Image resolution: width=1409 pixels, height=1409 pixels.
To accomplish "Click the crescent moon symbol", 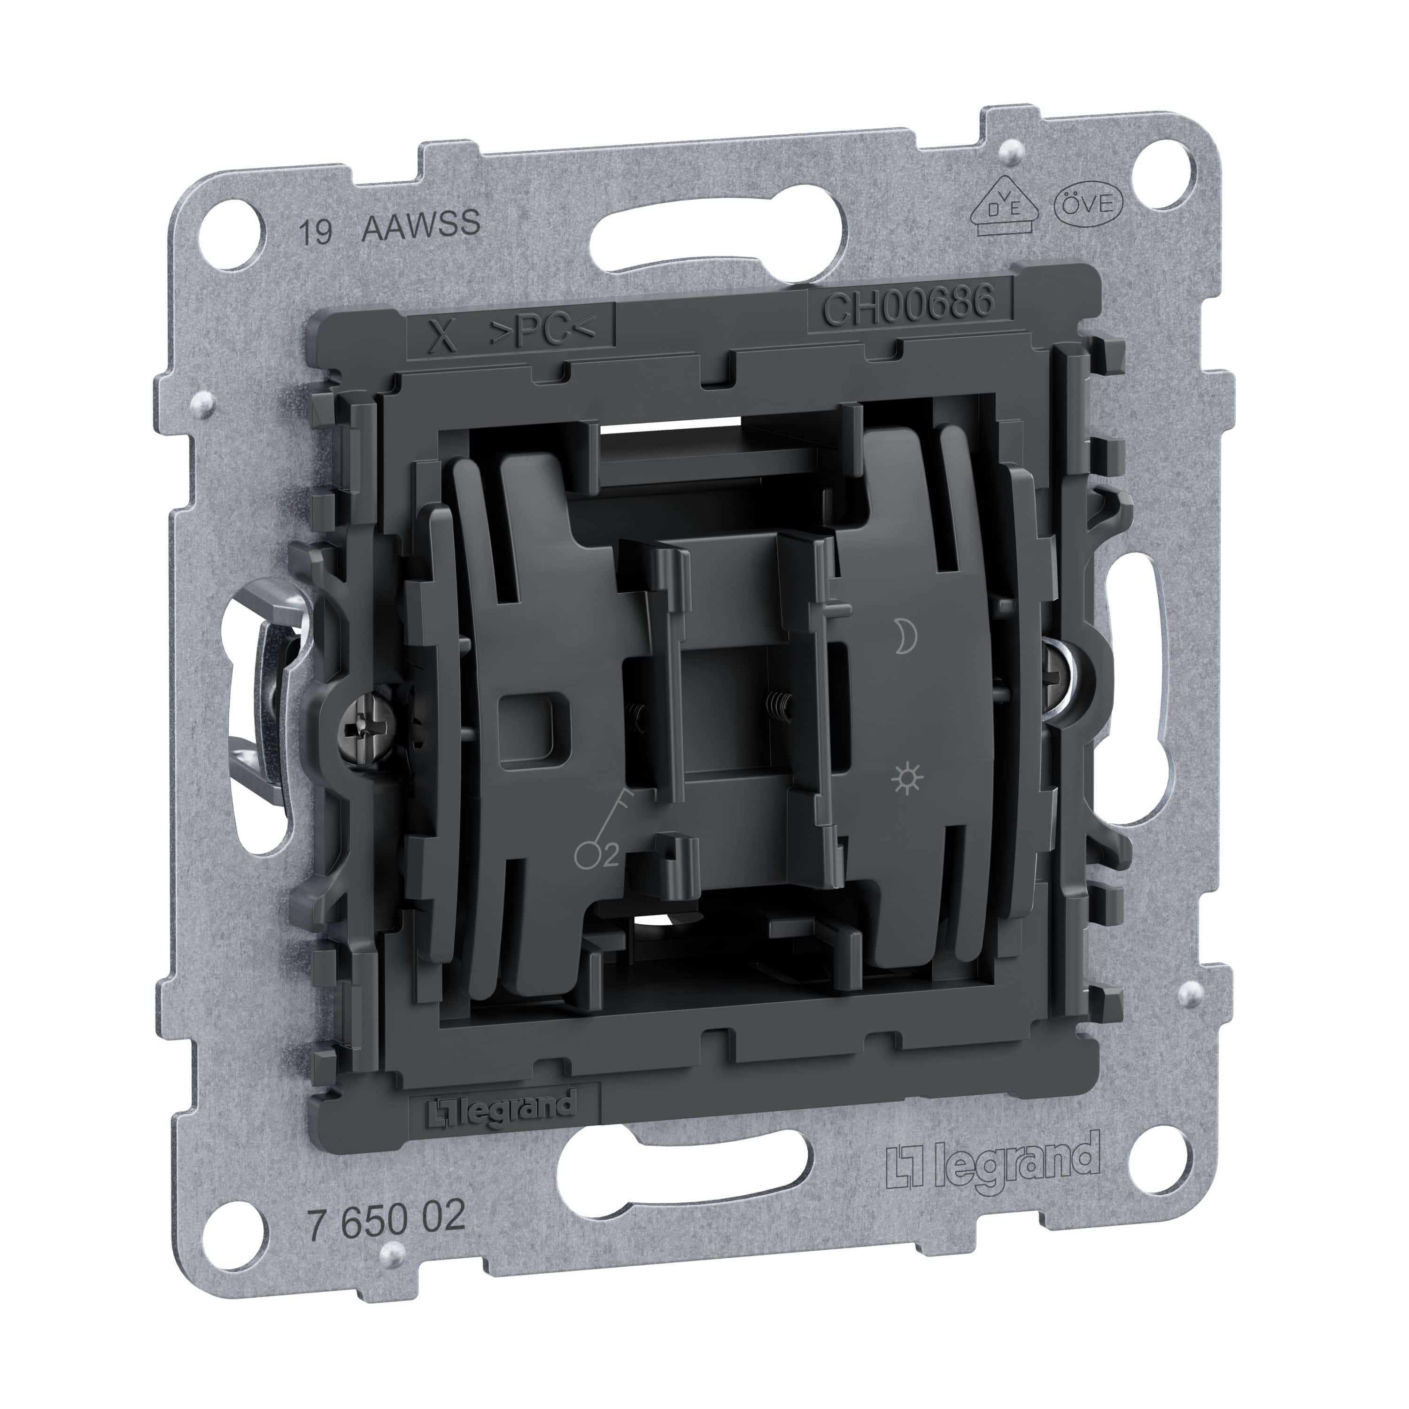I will pos(906,637).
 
